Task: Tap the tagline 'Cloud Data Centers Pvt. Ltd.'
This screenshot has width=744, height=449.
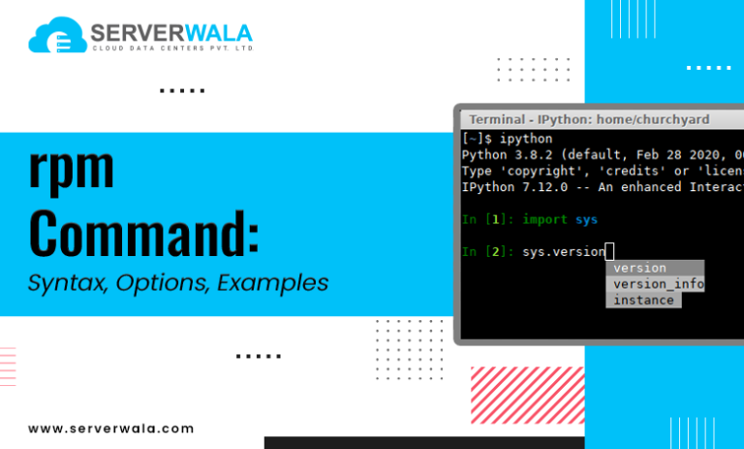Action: tap(172, 48)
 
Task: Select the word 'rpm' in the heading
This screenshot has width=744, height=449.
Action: tap(72, 171)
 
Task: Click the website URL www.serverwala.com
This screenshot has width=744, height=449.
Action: tap(110, 428)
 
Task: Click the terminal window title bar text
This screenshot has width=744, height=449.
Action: tap(588, 119)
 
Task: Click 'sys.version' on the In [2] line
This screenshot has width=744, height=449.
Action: tap(564, 251)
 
